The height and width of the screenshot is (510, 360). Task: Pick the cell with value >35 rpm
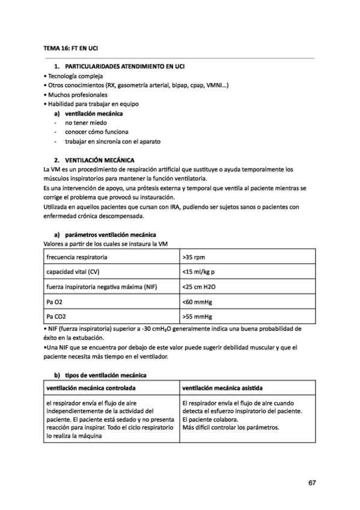[x=194, y=257]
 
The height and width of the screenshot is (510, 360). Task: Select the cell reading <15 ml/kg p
[x=198, y=272]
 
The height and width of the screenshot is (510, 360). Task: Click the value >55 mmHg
[x=197, y=316]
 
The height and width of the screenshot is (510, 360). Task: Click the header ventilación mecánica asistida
[x=225, y=388]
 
